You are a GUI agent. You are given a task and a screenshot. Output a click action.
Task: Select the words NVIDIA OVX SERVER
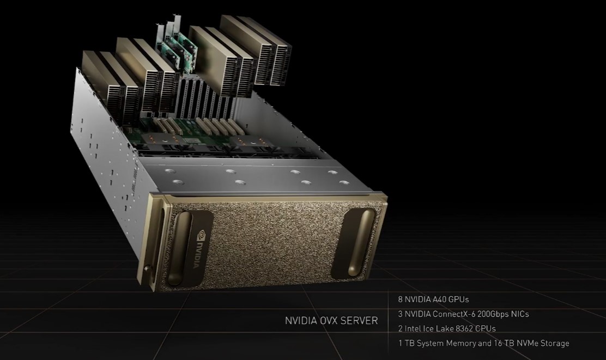pyautogui.click(x=331, y=321)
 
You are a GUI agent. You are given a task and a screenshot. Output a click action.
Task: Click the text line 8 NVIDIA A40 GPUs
pyautogui.click(x=433, y=300)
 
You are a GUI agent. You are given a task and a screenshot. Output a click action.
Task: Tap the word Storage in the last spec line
pyautogui.click(x=555, y=343)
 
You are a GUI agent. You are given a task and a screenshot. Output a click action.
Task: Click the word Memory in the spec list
pyautogui.click(x=462, y=343)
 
